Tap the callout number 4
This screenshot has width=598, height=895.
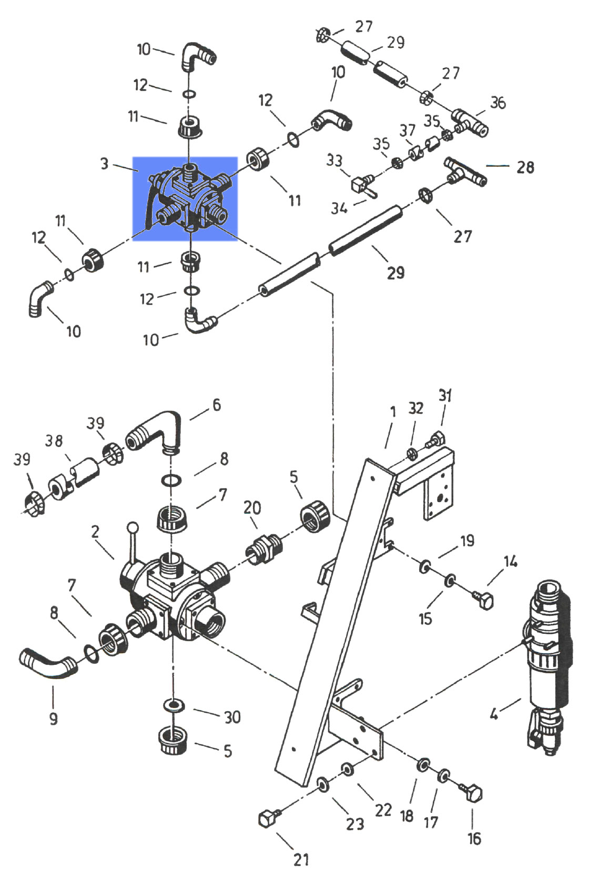pyautogui.click(x=494, y=714)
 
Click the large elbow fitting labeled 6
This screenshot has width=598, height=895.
pyautogui.click(x=155, y=432)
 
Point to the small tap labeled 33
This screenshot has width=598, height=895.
pyautogui.click(x=361, y=184)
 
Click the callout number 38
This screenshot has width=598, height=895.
pyautogui.click(x=54, y=440)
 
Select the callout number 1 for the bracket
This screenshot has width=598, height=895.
pyautogui.click(x=393, y=412)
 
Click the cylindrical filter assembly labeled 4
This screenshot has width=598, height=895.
pyautogui.click(x=547, y=663)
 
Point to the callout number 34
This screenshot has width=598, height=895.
pyautogui.click(x=339, y=208)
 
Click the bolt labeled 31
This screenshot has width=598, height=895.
pyautogui.click(x=437, y=437)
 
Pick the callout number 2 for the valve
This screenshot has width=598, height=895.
pyautogui.click(x=95, y=532)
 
